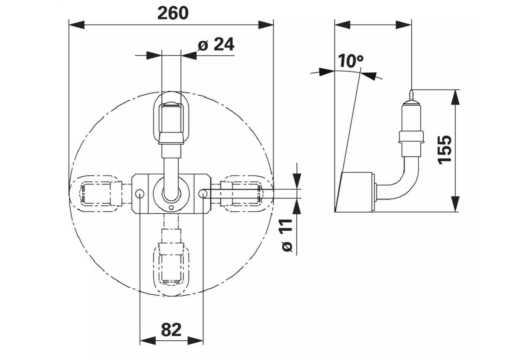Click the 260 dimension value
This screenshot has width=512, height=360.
click(173, 13)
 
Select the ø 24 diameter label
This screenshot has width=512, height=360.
click(216, 44)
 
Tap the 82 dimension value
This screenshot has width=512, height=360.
click(171, 330)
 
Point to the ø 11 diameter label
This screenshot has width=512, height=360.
click(286, 236)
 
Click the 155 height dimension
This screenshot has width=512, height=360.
click(444, 150)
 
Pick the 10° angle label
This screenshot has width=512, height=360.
click(350, 61)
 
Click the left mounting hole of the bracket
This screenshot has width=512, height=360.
click(140, 194)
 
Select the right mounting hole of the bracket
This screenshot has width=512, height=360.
click(203, 194)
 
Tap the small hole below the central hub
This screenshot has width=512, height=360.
click(171, 208)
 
